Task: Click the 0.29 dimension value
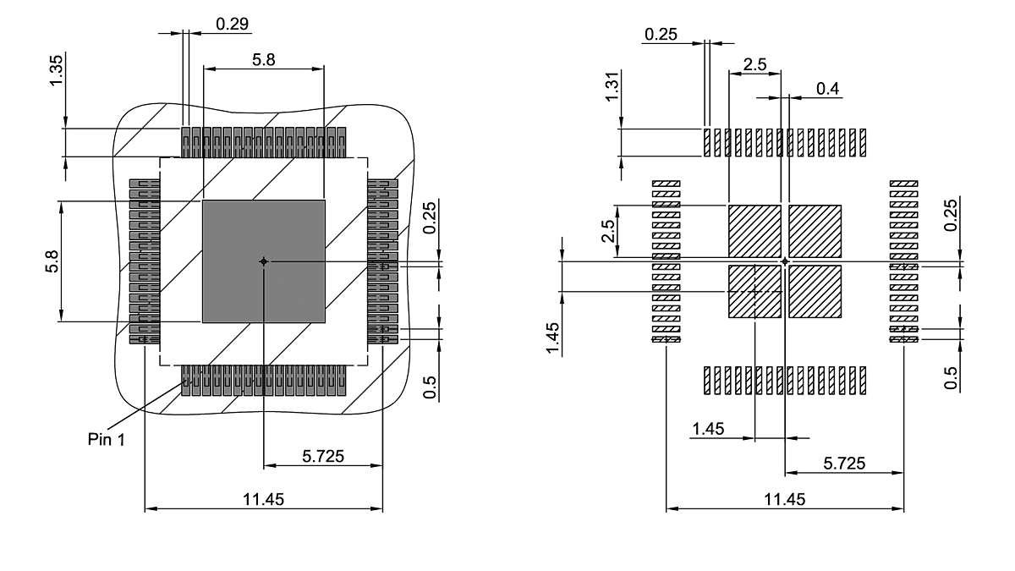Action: coord(232,24)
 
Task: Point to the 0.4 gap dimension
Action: coord(828,89)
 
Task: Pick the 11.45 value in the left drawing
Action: coord(264,499)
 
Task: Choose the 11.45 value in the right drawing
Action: coord(784,499)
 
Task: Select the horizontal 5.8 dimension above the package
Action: coord(264,59)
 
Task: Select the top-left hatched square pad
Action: coord(754,230)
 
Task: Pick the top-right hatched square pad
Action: coord(815,230)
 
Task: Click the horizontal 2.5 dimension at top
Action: coord(754,65)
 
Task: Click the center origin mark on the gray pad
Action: coord(264,261)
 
